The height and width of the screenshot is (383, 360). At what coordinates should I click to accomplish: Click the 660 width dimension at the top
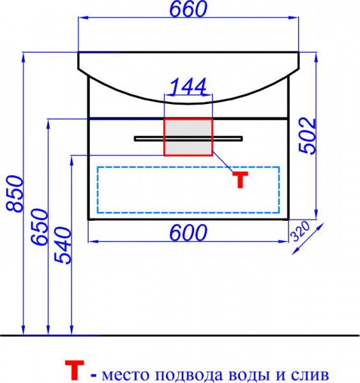click(188, 9)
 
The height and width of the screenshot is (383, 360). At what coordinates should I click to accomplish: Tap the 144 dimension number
click(188, 86)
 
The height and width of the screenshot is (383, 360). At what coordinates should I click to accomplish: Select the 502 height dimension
click(307, 136)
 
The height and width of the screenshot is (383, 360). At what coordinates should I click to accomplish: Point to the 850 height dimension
click(15, 193)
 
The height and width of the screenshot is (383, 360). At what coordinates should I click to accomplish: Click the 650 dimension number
click(39, 227)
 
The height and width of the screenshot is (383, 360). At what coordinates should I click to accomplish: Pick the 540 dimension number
click(63, 245)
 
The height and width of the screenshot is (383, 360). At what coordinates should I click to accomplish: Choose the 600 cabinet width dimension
click(188, 233)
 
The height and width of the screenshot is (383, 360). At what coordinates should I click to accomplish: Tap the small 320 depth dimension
click(300, 231)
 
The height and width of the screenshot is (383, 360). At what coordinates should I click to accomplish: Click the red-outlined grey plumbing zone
click(188, 137)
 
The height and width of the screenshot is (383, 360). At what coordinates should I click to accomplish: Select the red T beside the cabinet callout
click(240, 180)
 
